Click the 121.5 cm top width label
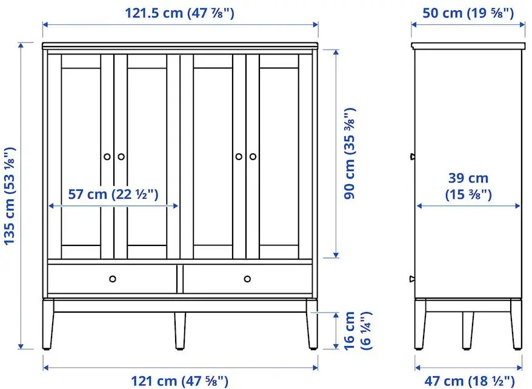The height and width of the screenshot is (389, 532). click(179, 12)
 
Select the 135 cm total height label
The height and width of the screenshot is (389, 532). click(10, 195)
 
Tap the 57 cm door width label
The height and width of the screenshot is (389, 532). click(113, 194)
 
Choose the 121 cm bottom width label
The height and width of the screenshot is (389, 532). click(179, 381)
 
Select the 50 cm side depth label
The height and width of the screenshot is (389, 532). click(468, 12)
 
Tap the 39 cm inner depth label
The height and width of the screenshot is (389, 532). click(468, 185)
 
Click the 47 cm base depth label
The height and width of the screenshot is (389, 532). click(468, 381)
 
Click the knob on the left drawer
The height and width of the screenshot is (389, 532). click(113, 279)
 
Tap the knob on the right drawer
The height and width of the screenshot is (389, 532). click(247, 279)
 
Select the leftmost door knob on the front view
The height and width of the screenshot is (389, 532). click(107, 156)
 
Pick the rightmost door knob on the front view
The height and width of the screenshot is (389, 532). click(253, 156)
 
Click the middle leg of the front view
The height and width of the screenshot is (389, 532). click(180, 331)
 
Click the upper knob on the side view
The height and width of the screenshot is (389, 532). click(413, 156)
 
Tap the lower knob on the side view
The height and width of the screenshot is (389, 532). click(413, 279)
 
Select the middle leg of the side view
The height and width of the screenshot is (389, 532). click(468, 330)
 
